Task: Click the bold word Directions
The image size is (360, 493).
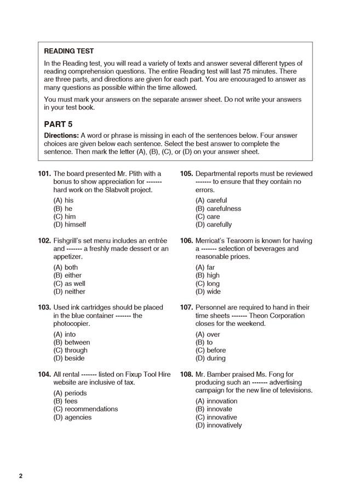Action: [61, 135]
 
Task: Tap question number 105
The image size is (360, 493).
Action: [186, 174]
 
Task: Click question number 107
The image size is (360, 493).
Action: [186, 308]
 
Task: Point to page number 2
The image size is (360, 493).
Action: [21, 475]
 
